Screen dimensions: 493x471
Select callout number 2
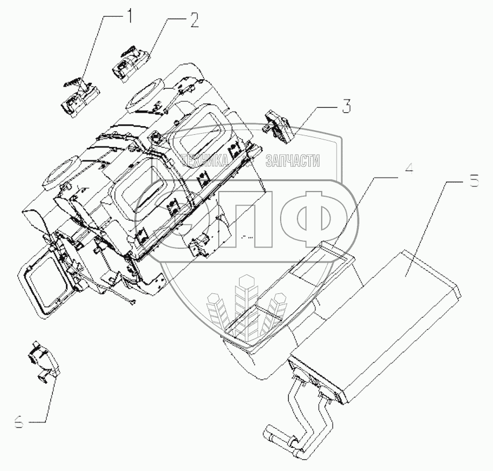(x=193, y=21)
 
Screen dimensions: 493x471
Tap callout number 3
(x=345, y=106)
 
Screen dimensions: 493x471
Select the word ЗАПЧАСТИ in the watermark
(x=292, y=161)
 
